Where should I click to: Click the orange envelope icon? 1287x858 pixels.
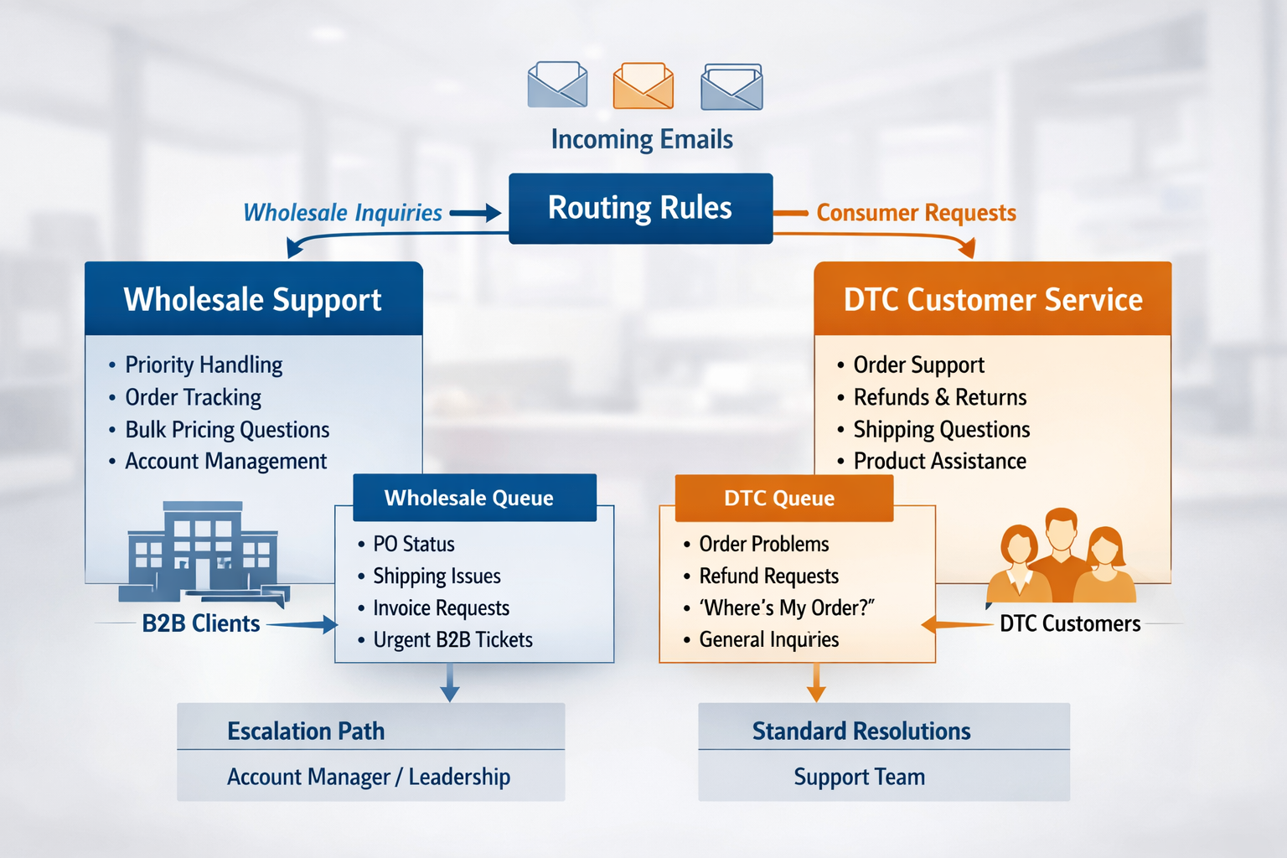[643, 85]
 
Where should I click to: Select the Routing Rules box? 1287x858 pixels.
[640, 209]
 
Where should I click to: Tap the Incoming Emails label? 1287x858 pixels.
[642, 139]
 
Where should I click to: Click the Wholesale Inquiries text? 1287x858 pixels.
[343, 213]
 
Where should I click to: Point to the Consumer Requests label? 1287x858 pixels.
[916, 213]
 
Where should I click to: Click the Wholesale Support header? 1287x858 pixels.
[253, 299]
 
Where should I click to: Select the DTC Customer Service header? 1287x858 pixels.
[993, 299]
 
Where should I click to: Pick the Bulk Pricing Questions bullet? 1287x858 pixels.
[227, 430]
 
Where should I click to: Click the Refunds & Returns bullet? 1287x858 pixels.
[939, 397]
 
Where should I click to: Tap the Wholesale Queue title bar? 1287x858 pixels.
[474, 498]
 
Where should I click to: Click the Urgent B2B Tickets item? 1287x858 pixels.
[452, 640]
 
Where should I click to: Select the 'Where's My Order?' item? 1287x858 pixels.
[787, 608]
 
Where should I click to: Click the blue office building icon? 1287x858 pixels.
[204, 551]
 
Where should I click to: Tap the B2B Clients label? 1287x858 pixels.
[201, 624]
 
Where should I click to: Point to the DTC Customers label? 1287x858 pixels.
[1070, 624]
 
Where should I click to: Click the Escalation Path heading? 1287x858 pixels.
[306, 731]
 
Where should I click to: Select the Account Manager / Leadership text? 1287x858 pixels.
[369, 778]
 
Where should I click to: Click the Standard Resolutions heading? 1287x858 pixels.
[861, 731]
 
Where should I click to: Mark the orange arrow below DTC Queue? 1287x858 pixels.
[816, 682]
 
